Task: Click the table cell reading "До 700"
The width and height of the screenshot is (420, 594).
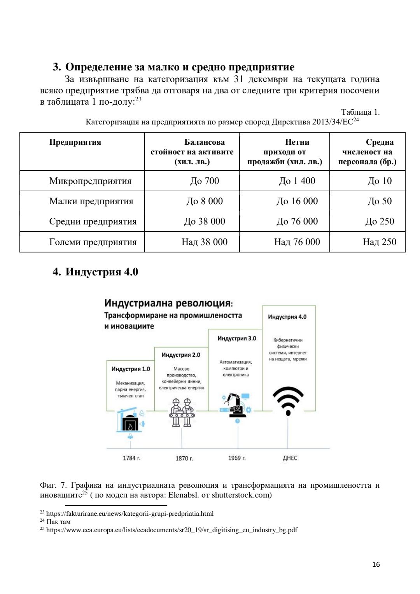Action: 205,181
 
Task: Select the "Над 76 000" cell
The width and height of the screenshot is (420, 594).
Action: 297,242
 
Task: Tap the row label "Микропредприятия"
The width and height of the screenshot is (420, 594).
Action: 90,181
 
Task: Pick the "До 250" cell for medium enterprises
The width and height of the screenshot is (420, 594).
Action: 380,221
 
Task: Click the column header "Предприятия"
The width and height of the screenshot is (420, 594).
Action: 75,142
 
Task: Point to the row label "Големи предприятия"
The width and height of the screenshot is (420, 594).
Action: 93,242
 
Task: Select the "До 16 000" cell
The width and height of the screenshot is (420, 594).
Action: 297,201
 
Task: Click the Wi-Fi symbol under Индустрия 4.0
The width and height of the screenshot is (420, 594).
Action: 288,401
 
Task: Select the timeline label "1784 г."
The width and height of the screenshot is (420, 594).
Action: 131,458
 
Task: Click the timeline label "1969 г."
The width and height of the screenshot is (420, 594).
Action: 237,458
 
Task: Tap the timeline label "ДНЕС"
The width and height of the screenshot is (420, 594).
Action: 290,458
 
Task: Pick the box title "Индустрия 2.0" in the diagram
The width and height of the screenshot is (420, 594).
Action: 181,355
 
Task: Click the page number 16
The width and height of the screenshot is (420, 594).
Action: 376,564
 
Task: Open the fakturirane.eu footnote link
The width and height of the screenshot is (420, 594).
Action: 130,514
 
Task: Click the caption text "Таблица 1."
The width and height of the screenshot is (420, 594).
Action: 360,112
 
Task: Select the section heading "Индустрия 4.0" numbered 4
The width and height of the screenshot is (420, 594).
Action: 101,272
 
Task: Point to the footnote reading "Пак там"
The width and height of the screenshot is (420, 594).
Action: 58,522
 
